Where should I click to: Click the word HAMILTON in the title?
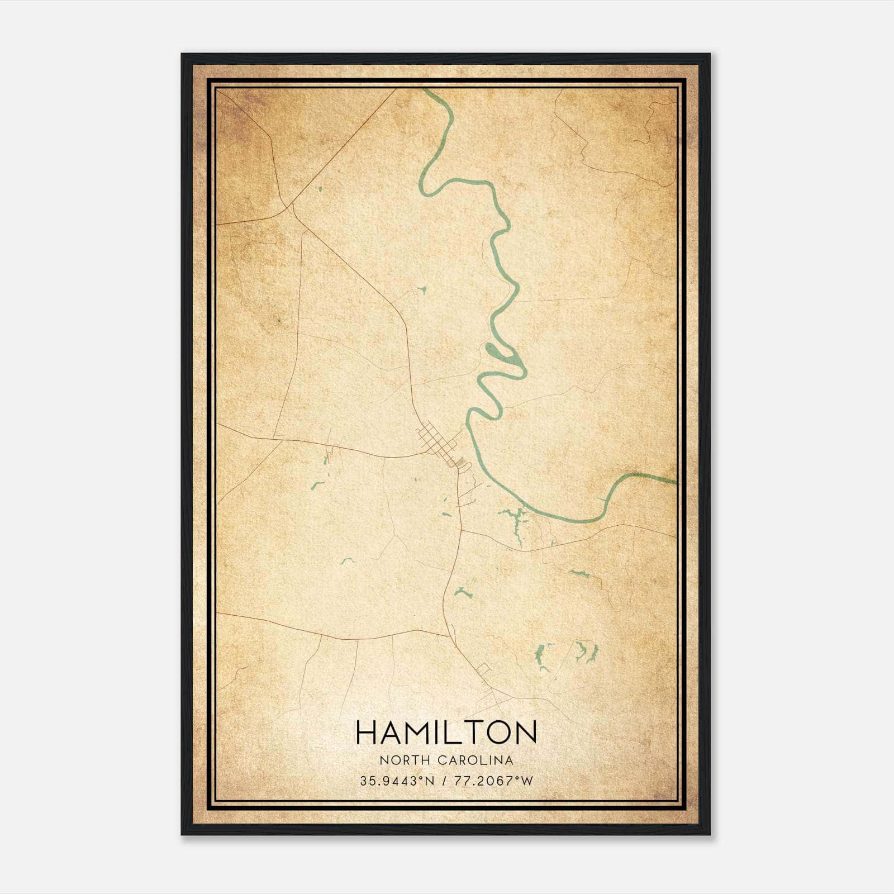coord(446,732)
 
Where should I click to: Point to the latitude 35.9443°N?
coord(397,781)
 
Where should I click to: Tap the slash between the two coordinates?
coord(444,781)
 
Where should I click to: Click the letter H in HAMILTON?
coord(367,732)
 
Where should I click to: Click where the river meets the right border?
coord(676,481)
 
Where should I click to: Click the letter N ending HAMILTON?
coord(526,732)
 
